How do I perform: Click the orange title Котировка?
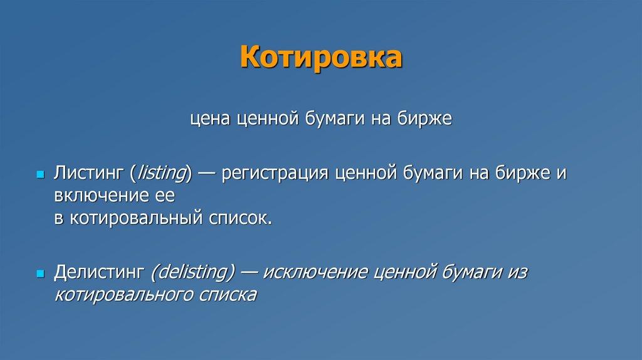(321, 57)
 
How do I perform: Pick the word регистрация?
(275, 174)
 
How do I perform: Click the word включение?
(100, 195)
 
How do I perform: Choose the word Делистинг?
(99, 272)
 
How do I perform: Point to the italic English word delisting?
(192, 272)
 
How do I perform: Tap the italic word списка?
(228, 295)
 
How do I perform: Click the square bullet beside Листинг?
(40, 174)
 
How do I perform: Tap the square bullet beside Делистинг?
(40, 273)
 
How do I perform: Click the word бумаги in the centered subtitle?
(335, 119)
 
